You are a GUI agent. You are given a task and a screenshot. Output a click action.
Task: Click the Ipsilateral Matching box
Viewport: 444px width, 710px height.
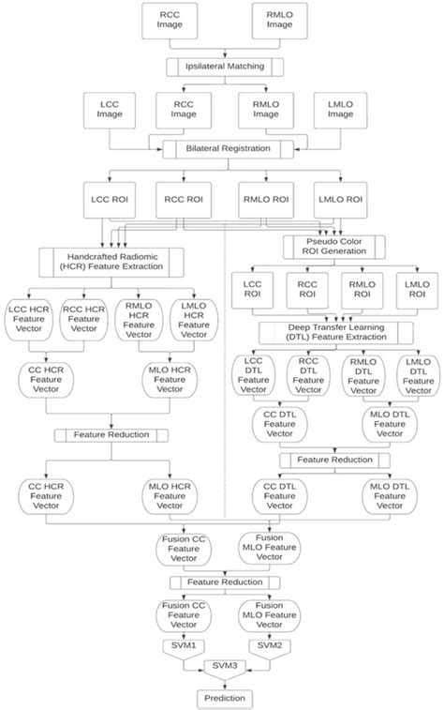point(222,67)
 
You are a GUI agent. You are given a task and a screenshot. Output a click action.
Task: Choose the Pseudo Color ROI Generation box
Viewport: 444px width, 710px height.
point(335,246)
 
